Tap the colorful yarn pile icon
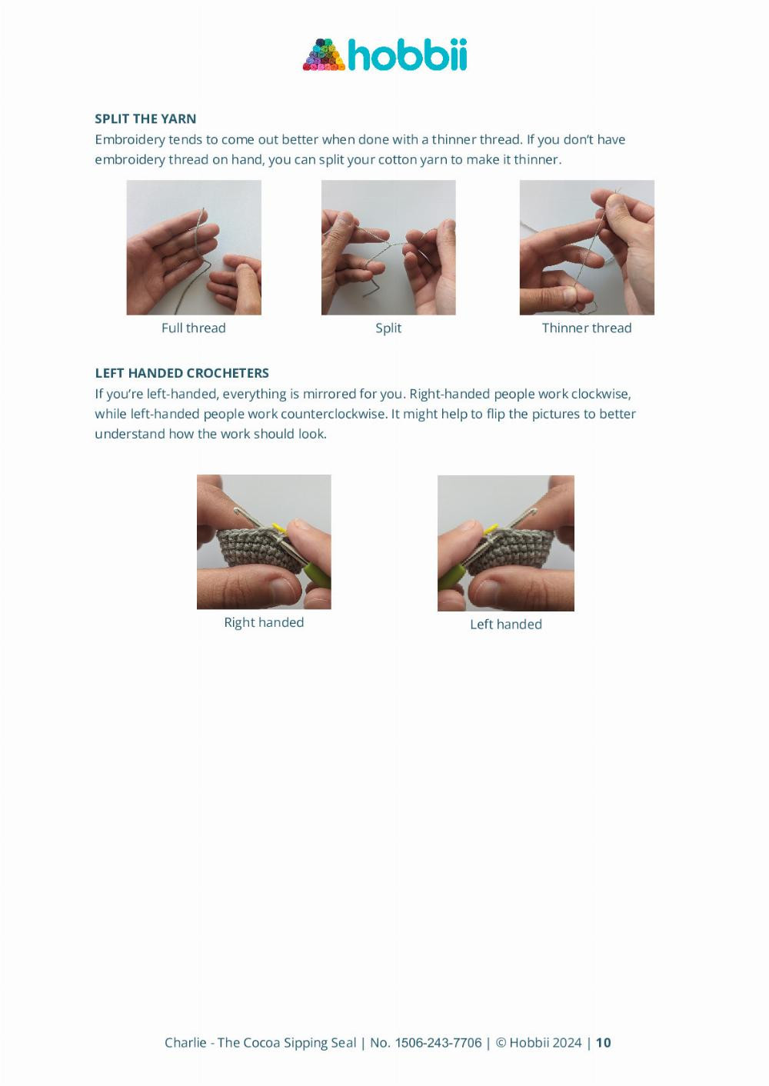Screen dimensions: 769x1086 (x=324, y=55)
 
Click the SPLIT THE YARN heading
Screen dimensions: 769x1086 (x=145, y=118)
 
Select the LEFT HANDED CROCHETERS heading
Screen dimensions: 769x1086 (x=181, y=373)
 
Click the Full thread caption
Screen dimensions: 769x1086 (x=194, y=328)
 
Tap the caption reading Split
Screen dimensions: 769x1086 (x=388, y=328)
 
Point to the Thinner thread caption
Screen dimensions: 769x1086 (x=587, y=328)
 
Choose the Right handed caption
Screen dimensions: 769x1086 (x=264, y=622)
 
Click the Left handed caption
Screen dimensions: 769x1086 (x=506, y=624)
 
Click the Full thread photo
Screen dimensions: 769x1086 (x=194, y=247)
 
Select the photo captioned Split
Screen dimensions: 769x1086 (x=388, y=247)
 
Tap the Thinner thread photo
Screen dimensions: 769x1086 (x=587, y=247)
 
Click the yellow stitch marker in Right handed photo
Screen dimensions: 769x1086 (x=279, y=528)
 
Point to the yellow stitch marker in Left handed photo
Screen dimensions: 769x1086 (x=491, y=529)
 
